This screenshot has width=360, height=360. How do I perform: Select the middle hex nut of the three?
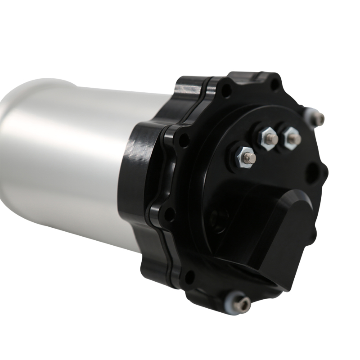pyautogui.click(x=269, y=137)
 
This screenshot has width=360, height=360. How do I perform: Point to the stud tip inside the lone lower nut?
pyautogui.click(x=252, y=158)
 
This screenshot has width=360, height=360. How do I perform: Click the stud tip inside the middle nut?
pyautogui.click(x=271, y=140)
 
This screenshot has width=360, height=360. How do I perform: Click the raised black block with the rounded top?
pyautogui.click(x=279, y=234)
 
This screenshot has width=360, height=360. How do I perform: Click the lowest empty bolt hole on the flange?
pyautogui.click(x=189, y=276)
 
